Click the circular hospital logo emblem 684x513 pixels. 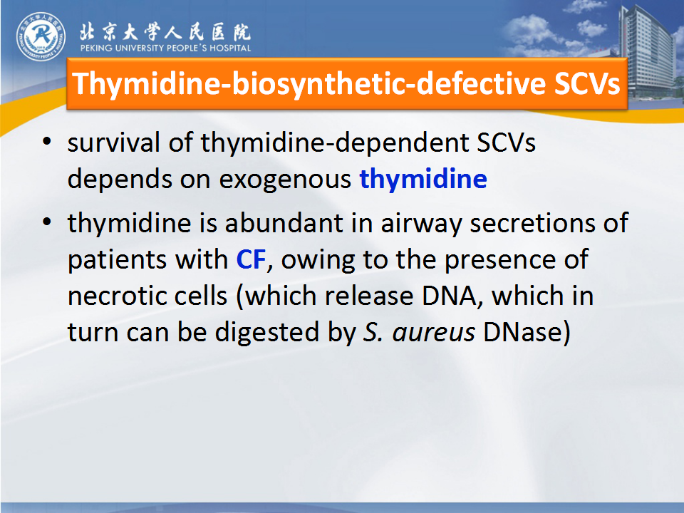[41, 36]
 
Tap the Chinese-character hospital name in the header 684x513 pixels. [165, 31]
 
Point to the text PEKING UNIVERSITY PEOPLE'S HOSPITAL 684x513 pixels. [165, 48]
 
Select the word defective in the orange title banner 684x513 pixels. [480, 83]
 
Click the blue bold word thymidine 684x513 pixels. [423, 180]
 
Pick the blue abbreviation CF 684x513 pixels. [251, 259]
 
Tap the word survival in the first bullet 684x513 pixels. [113, 142]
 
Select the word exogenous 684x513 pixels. [285, 180]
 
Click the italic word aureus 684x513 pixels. [434, 333]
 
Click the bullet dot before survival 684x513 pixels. [47, 142]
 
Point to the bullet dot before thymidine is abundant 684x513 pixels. [47, 222]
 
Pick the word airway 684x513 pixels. [421, 224]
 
